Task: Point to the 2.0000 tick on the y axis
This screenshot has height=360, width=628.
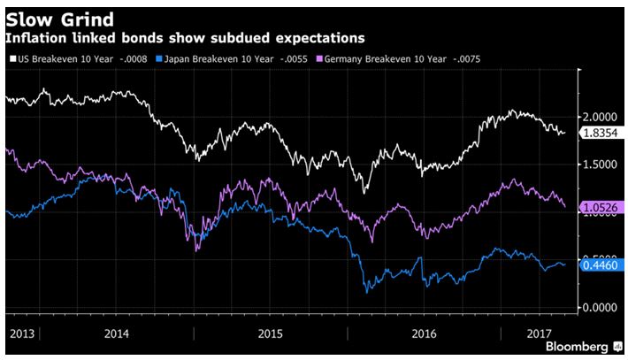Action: (x=600, y=117)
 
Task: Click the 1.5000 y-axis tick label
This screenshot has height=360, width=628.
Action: (x=600, y=165)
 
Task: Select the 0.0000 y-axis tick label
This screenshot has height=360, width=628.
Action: (x=600, y=307)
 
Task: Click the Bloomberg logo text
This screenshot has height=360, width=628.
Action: (x=576, y=347)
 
